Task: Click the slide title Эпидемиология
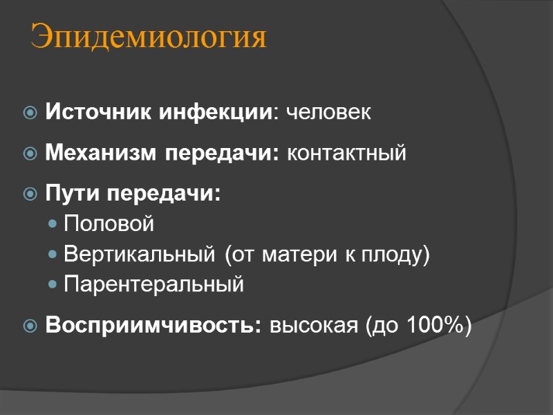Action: [x=149, y=38]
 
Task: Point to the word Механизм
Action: [x=102, y=153]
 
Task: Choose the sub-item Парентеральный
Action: [x=153, y=284]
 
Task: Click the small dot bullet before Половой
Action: [x=54, y=225]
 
